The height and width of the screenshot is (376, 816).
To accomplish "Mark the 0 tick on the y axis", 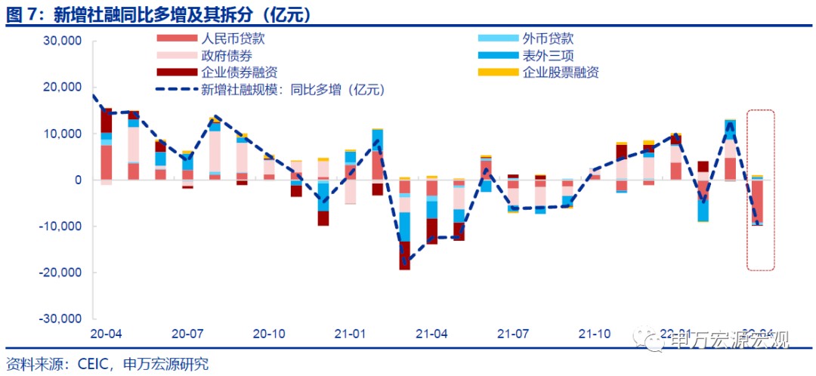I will [x=76, y=180].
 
